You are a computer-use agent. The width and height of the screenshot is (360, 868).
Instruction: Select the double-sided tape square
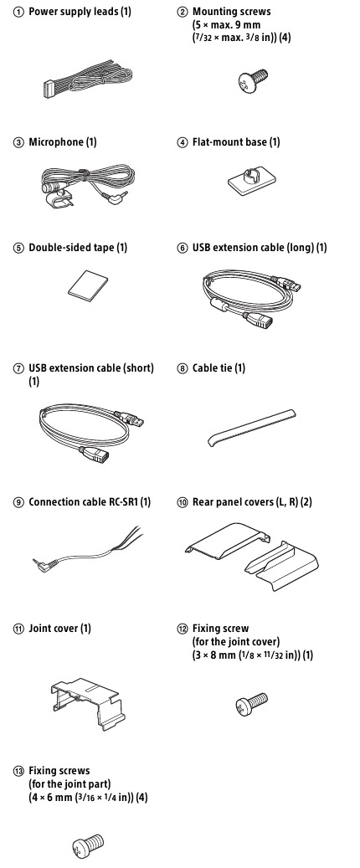[x=88, y=285]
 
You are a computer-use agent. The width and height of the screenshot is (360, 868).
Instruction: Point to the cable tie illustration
[x=251, y=428]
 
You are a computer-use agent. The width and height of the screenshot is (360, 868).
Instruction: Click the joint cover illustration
[x=85, y=703]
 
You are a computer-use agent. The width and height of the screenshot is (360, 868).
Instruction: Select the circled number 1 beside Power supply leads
[x=18, y=12]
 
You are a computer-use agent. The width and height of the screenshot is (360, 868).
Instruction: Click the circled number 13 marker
[x=18, y=771]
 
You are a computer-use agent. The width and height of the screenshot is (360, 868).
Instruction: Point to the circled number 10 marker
[x=183, y=503]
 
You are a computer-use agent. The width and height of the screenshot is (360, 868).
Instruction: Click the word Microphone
[x=55, y=142]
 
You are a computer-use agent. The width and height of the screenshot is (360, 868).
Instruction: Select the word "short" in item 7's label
[x=138, y=368]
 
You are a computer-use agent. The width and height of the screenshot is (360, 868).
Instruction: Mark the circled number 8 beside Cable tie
[x=183, y=368]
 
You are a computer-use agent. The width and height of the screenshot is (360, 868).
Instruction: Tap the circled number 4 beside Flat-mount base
[x=183, y=143]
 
